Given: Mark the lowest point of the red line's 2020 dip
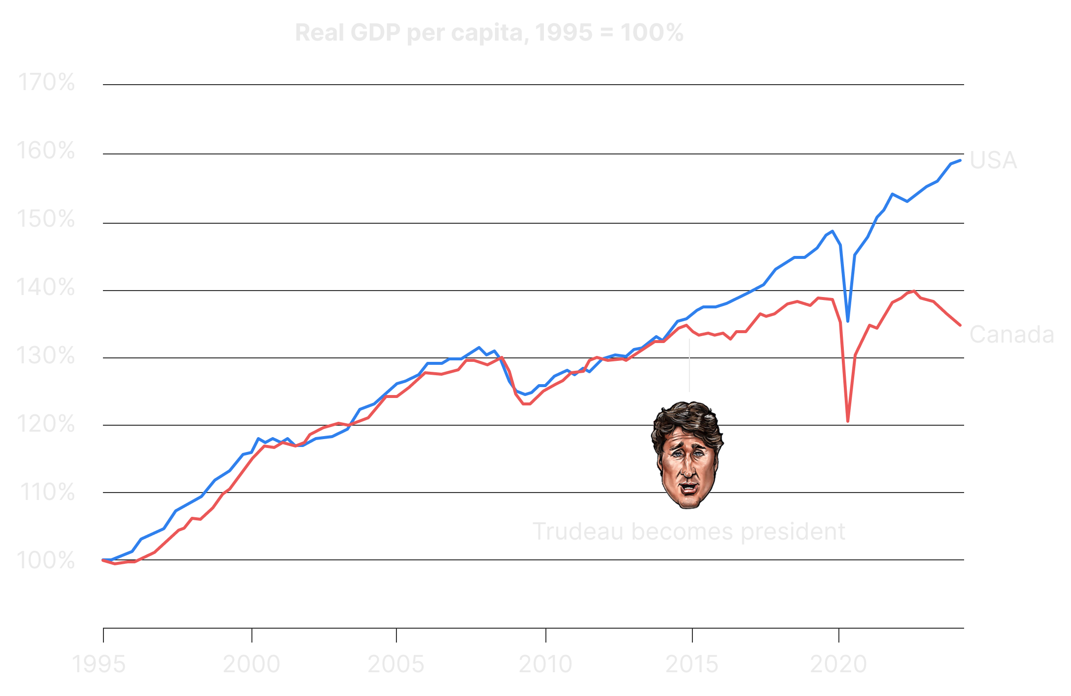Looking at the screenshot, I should point(848,421).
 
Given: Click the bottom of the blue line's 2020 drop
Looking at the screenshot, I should point(848,321).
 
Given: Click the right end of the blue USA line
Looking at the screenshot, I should point(960,160).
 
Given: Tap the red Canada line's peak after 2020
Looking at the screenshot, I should point(913,291).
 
